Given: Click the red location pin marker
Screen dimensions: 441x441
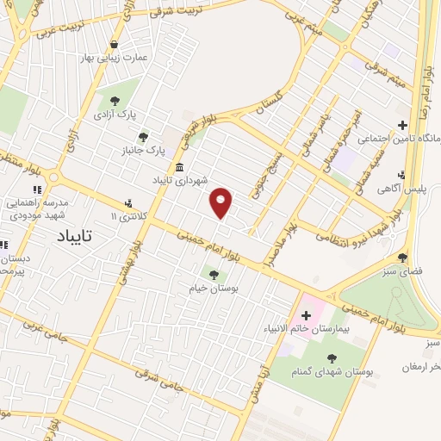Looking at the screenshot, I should click(222, 202).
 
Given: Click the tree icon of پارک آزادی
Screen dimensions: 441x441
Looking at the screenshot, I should click(115, 102).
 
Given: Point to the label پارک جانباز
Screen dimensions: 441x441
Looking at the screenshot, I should click(143, 151).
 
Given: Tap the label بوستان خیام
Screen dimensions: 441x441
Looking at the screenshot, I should click(213, 289).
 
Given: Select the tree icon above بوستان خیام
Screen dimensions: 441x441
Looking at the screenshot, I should click(214, 275).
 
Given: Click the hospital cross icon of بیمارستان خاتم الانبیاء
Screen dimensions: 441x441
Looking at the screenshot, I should click(306, 315).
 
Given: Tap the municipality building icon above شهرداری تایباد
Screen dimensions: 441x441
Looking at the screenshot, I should click(179, 168).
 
